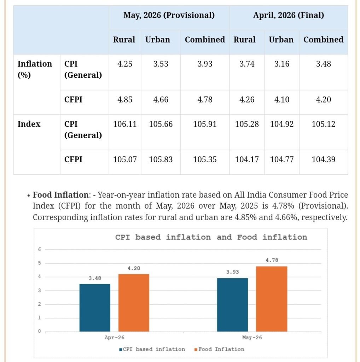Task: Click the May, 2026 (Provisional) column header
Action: (169, 15)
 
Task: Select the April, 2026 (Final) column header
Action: (289, 15)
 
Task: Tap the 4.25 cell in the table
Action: (125, 64)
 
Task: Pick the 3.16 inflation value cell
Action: (282, 64)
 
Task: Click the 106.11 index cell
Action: (125, 124)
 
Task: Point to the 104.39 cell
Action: (323, 159)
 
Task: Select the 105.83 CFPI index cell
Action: (161, 159)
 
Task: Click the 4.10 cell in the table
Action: (282, 99)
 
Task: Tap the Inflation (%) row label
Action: (35, 69)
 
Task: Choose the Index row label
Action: (29, 124)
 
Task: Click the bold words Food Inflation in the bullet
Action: (60, 195)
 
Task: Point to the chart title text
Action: (211, 237)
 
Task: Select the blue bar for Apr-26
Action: (95, 308)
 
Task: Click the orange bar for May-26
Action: (272, 299)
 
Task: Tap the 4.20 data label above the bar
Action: (134, 268)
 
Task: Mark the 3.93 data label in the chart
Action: (232, 272)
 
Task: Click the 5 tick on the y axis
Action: (40, 263)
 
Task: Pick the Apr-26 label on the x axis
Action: (114, 338)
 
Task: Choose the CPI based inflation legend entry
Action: (152, 349)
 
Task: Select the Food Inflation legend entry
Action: (219, 349)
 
